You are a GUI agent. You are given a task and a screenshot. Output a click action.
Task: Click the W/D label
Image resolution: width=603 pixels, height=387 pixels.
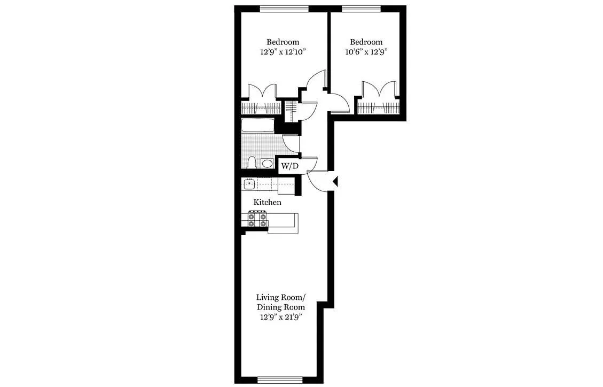tap(289, 166)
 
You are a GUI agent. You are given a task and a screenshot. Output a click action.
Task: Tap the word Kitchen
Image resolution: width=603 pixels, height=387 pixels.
tap(267, 203)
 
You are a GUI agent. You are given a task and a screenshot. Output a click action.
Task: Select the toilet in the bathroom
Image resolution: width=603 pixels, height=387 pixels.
tap(253, 162)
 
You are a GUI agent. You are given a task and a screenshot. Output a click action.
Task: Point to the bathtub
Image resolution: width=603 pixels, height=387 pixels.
tap(257, 126)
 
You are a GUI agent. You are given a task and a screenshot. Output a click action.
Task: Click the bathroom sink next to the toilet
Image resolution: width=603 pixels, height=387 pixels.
tap(267, 164)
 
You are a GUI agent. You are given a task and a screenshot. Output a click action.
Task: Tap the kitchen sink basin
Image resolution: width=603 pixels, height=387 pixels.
tap(249, 184)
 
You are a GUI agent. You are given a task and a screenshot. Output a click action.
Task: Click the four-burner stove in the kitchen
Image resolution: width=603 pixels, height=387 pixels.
tap(257, 219)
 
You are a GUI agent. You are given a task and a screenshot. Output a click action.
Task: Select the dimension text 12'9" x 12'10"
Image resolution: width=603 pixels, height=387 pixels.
tap(283, 52)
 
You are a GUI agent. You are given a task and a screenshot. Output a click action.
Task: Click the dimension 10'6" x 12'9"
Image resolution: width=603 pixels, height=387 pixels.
tap(366, 52)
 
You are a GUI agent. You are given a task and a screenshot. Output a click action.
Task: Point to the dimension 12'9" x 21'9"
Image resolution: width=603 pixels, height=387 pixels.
tap(280, 317)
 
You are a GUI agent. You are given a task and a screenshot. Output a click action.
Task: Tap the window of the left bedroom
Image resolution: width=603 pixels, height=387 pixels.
tap(284, 8)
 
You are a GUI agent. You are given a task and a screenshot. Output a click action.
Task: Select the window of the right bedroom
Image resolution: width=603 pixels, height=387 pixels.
tap(361, 8)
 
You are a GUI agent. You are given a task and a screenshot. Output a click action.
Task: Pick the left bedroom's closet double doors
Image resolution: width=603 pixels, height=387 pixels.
tap(262, 92)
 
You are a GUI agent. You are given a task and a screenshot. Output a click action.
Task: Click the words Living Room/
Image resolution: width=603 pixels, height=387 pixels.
tap(280, 297)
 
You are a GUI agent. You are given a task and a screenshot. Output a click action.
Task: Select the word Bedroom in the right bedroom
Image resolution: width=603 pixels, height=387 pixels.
tap(366, 42)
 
